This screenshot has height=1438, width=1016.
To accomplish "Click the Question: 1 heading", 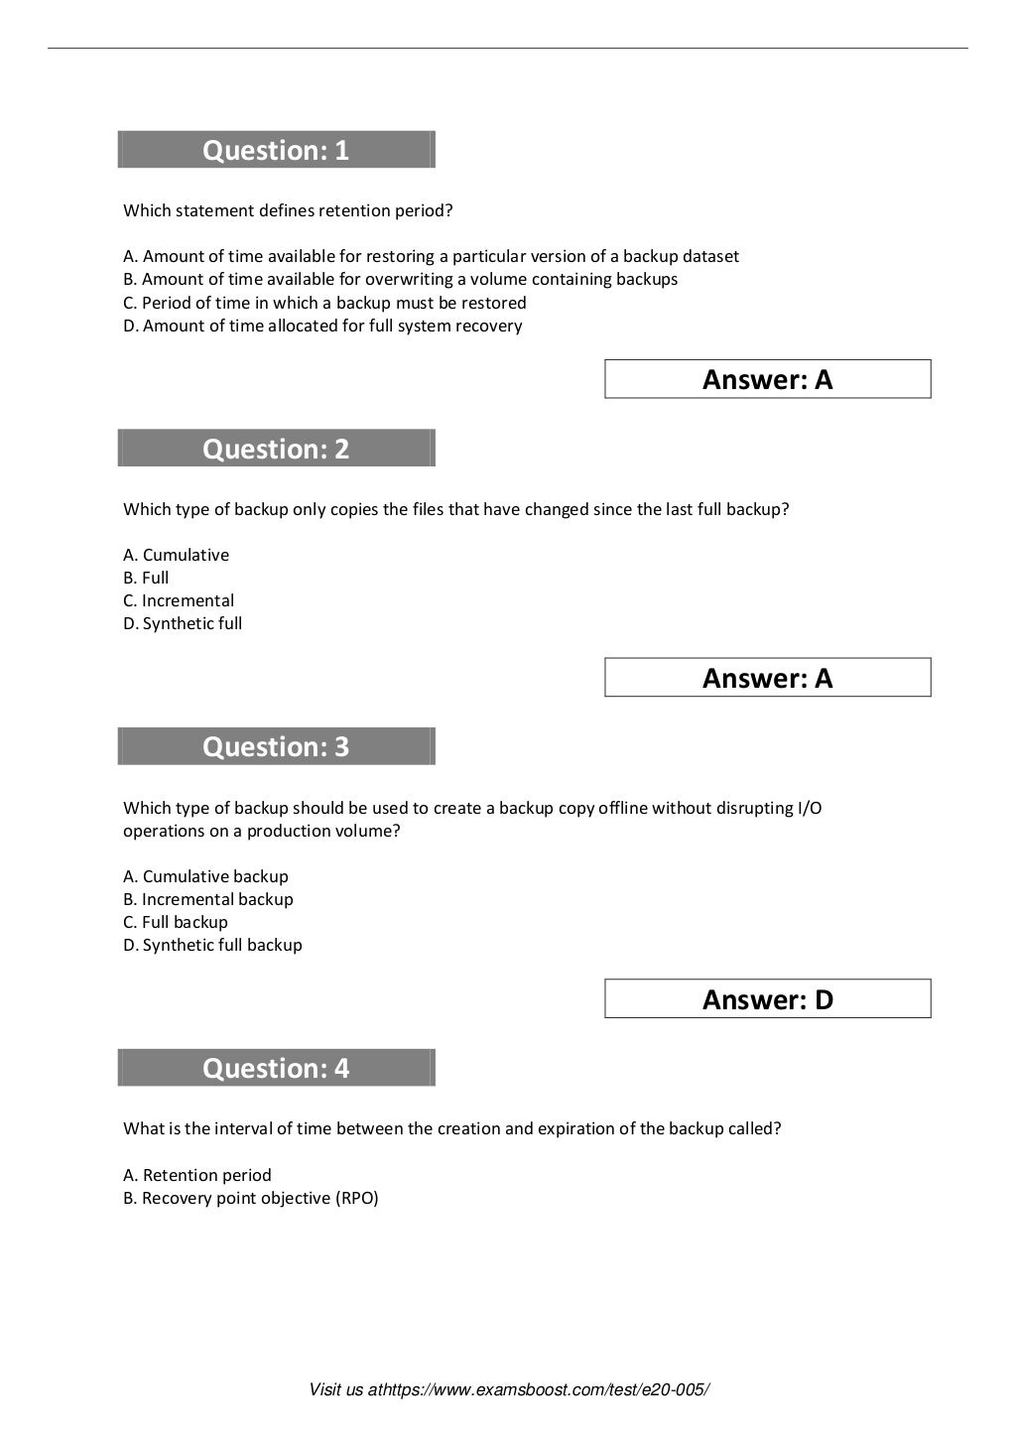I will pyautogui.click(x=276, y=150).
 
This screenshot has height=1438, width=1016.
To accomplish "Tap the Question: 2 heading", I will pyautogui.click(x=276, y=449).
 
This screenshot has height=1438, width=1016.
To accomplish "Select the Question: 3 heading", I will pyautogui.click(x=276, y=746).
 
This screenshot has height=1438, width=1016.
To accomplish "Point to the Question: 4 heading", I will pyautogui.click(x=276, y=1068).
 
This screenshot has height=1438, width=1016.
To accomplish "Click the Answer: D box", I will pyautogui.click(x=767, y=999).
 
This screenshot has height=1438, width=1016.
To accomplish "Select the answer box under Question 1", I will pyautogui.click(x=767, y=379).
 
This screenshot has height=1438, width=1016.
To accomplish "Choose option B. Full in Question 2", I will pyautogui.click(x=146, y=578).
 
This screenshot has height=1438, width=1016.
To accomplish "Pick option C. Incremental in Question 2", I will pyautogui.click(x=179, y=600).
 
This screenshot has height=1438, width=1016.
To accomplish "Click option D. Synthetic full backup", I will pyautogui.click(x=212, y=945).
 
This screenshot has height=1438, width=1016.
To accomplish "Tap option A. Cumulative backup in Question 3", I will pyautogui.click(x=205, y=876).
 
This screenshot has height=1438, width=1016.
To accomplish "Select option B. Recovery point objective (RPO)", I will pyautogui.click(x=250, y=1198).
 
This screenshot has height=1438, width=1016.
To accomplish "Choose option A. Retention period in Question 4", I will pyautogui.click(x=196, y=1175).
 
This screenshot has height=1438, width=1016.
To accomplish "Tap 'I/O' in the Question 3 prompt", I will pyautogui.click(x=810, y=808).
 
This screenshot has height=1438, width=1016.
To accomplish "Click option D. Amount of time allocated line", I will pyautogui.click(x=322, y=326).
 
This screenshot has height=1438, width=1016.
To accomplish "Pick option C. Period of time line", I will pyautogui.click(x=324, y=303).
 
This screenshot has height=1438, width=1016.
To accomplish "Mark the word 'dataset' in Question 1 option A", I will pyautogui.click(x=710, y=256).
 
